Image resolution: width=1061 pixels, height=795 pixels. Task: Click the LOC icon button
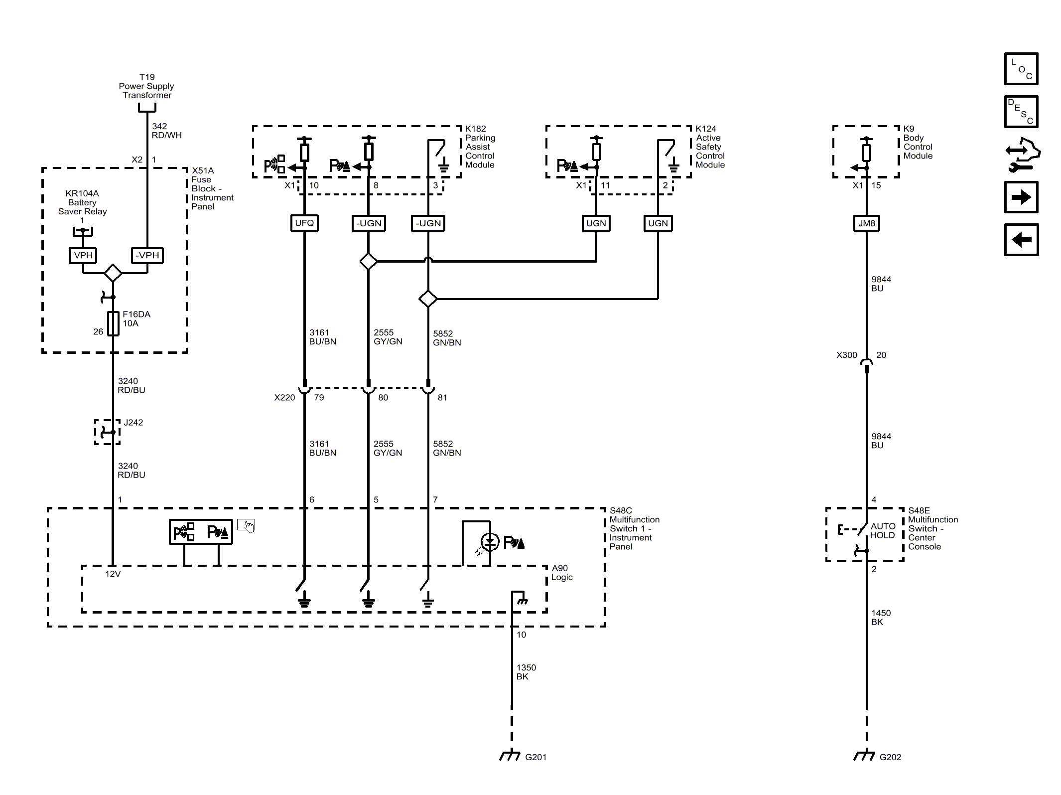[1021, 69]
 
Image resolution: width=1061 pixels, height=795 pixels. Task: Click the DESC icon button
[1021, 112]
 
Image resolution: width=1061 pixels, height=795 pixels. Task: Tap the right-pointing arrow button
[1021, 197]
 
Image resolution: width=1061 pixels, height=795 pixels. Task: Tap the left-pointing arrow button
[1021, 240]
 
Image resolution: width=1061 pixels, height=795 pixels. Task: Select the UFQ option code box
[304, 223]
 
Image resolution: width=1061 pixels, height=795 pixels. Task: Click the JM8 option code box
[866, 223]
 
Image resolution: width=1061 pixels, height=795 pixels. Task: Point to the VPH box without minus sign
[83, 255]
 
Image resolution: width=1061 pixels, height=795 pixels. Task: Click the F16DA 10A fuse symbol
[114, 323]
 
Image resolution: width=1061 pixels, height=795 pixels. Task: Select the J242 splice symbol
[108, 432]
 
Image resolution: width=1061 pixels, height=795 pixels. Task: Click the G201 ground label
[535, 757]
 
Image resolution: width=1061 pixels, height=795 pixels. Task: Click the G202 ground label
[890, 757]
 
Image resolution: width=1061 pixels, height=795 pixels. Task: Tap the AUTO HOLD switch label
[883, 531]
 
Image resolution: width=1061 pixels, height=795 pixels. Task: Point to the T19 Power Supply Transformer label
[147, 86]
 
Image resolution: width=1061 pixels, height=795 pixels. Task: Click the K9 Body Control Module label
[918, 142]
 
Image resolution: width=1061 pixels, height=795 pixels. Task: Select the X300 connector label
[846, 355]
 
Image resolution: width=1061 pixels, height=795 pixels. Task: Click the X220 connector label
[284, 397]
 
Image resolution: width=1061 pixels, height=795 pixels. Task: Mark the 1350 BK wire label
[526, 672]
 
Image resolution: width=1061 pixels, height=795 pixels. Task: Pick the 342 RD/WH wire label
[166, 131]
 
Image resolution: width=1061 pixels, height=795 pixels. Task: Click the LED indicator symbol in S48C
[490, 542]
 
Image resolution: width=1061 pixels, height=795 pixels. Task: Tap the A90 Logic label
[562, 573]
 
